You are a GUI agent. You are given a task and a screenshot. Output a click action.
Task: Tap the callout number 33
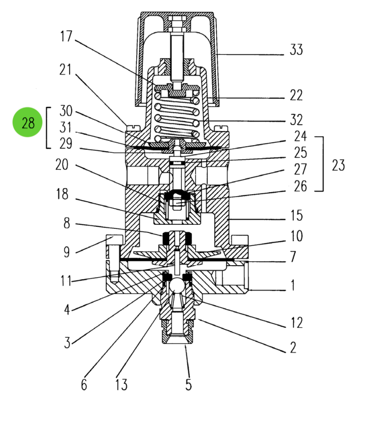[296, 50]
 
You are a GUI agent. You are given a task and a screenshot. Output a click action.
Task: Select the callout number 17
[67, 37]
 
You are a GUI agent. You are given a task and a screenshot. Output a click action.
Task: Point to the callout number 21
[66, 70]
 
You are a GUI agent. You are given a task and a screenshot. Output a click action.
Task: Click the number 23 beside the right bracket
[338, 164]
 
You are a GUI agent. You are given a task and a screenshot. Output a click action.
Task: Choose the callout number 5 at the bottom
[188, 385]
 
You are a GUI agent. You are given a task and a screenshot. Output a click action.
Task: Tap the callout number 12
[296, 322]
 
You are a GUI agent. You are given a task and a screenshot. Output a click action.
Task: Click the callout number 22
[296, 94]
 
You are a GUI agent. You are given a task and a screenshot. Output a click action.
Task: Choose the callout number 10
[296, 235]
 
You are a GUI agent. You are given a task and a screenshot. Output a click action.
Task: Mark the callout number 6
[84, 385]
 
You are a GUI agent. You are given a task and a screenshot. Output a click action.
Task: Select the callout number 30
[66, 110]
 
